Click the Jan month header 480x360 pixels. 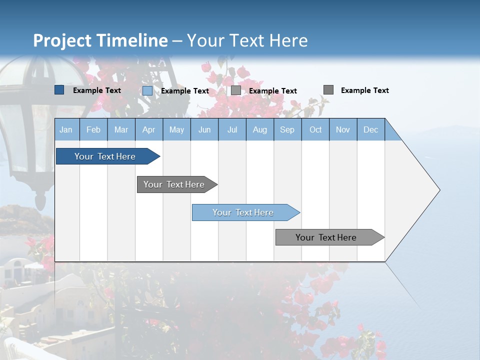pyautogui.click(x=66, y=129)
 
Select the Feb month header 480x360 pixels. pyautogui.click(x=93, y=129)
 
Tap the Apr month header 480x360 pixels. pyautogui.click(x=149, y=129)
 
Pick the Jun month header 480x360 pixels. pyautogui.click(x=204, y=129)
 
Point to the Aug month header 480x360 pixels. pyautogui.click(x=260, y=129)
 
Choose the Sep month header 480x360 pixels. pyautogui.click(x=287, y=129)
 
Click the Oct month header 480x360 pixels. pyautogui.click(x=315, y=129)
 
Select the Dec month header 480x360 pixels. pyautogui.click(x=371, y=129)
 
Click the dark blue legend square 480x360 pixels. pyautogui.click(x=59, y=90)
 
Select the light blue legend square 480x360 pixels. pyautogui.click(x=147, y=90)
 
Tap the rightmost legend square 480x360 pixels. pyautogui.click(x=328, y=90)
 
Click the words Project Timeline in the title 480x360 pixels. pyautogui.click(x=100, y=40)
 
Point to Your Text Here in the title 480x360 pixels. pyautogui.click(x=247, y=40)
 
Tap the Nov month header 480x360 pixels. pyautogui.click(x=343, y=129)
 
